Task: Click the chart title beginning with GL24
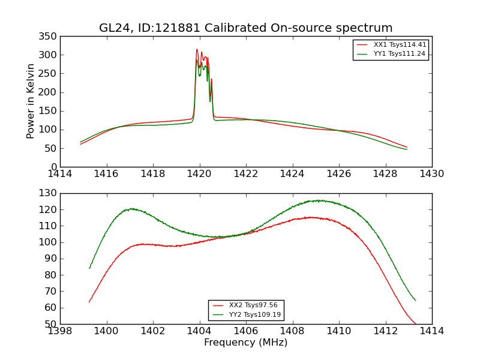(245, 28)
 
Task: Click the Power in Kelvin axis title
(31, 102)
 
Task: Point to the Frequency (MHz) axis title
(245, 343)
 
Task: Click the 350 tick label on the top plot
(49, 36)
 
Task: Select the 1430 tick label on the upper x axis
(431, 174)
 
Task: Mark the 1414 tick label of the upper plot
(60, 174)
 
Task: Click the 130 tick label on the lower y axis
(49, 193)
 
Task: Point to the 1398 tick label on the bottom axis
(60, 331)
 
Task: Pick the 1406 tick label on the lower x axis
(246, 331)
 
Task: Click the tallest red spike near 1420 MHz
(197, 50)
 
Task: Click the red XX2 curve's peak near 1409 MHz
(310, 217)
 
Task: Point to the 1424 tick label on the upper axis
(292, 174)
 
